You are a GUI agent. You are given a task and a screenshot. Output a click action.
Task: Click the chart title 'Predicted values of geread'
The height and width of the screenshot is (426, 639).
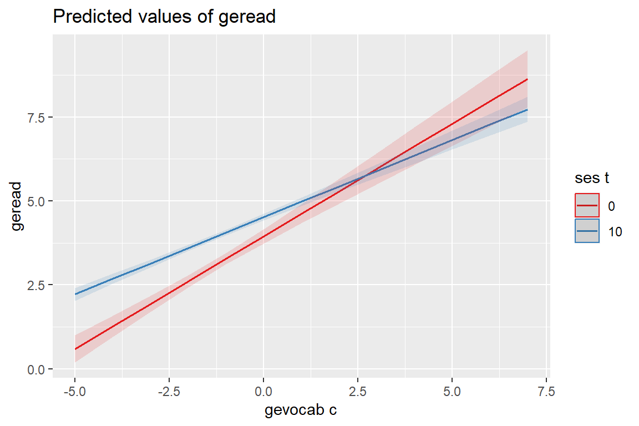(x=164, y=17)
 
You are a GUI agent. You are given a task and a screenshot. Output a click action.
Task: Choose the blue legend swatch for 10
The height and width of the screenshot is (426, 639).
(x=587, y=231)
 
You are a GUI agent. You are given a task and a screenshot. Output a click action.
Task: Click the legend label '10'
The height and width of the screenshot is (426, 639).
(x=615, y=232)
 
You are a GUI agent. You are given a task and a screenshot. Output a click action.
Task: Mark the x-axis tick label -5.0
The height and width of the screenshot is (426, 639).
(x=74, y=391)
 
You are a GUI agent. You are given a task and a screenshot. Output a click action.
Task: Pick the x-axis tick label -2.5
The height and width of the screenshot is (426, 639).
(x=169, y=391)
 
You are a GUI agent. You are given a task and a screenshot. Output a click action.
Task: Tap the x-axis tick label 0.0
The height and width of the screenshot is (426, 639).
(x=263, y=391)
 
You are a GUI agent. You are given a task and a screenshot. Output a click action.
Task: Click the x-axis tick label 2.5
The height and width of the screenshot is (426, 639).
(x=358, y=391)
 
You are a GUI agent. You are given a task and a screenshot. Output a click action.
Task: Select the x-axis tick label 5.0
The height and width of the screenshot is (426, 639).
(x=452, y=391)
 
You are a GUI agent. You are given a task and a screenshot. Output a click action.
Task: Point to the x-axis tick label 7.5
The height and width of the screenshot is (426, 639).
(x=546, y=391)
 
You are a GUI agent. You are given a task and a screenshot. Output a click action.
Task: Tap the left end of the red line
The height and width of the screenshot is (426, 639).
(x=75, y=349)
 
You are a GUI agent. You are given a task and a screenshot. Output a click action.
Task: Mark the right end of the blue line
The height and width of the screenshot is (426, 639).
(x=527, y=110)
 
